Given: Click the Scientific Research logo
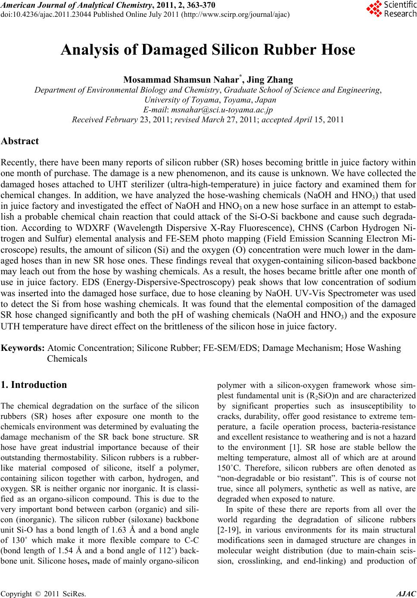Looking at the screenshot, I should [390, 9].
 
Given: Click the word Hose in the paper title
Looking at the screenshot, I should [335, 50].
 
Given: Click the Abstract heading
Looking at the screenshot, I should [20, 141].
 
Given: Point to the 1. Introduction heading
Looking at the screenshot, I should [34, 385].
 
